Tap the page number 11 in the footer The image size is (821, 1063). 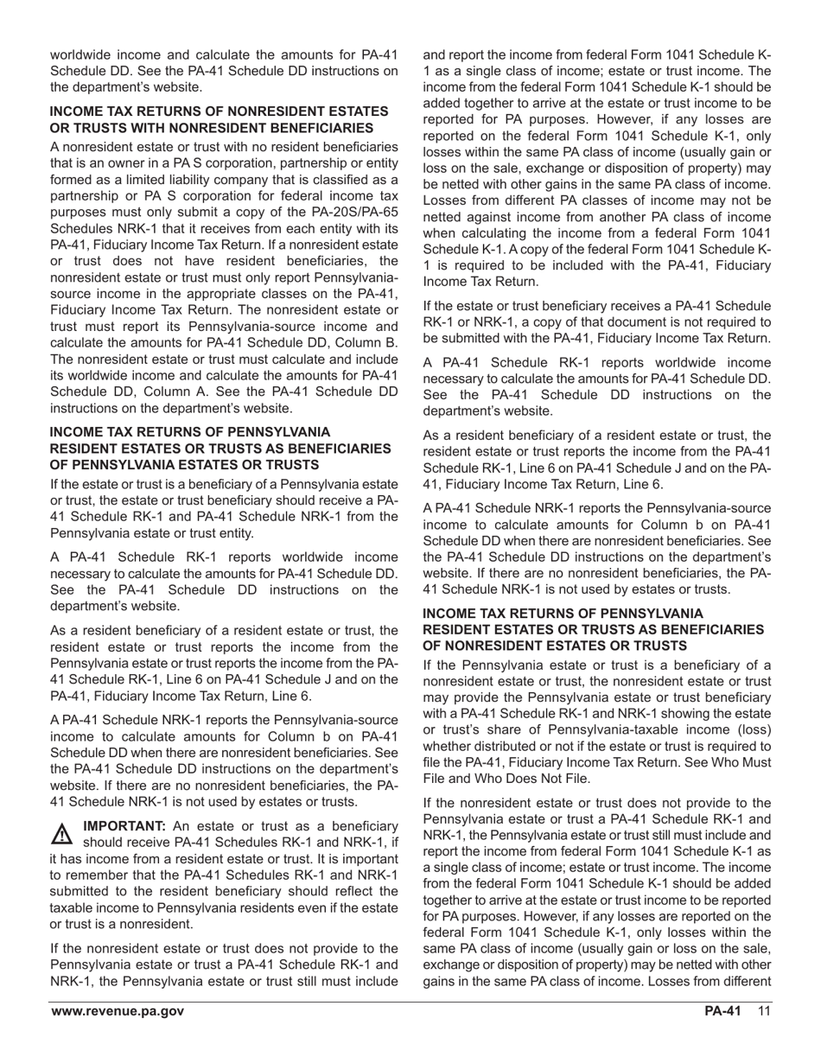[x=763, y=1012]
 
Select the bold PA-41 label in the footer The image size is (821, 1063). [x=722, y=1012]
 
